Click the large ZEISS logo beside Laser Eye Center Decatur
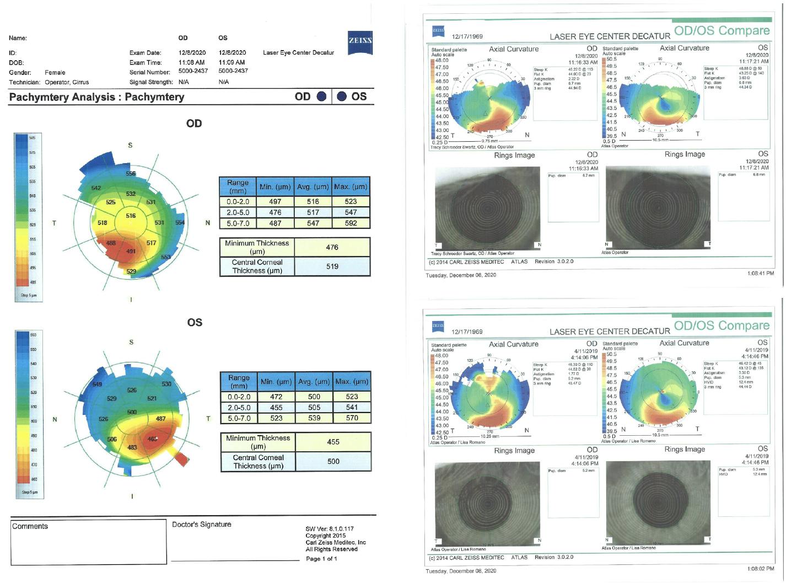pos(360,42)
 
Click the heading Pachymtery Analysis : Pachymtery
pos(96,97)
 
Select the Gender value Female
pos(55,72)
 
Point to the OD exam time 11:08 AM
pos(191,62)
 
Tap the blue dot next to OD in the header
pos(321,97)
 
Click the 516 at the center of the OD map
pos(131,216)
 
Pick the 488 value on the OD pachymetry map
pos(111,243)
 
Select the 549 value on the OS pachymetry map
pos(97,384)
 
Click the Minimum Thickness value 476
pos(332,247)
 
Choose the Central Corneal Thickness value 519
pos(332,266)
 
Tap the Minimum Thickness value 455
pos(333,442)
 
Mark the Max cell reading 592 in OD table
pos(351,223)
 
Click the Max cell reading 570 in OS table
pos(352,418)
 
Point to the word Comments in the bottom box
pos(30,526)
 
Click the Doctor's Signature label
pos(201,525)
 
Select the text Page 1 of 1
pos(321,559)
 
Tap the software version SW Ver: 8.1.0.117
pos(330,529)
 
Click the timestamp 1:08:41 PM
pos(761,274)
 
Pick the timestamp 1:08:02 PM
pos(761,569)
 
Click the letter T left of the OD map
pos(54,223)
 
